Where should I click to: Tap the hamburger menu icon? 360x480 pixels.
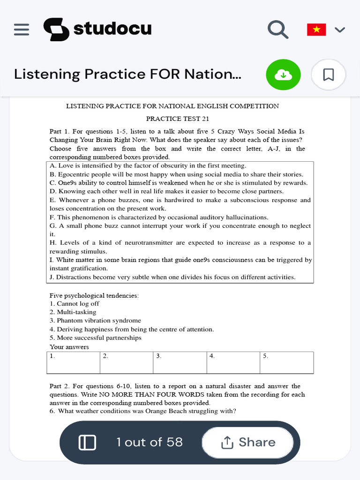tap(22, 30)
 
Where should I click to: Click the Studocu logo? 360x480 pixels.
tap(97, 29)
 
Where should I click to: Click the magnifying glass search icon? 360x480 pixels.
tap(277, 30)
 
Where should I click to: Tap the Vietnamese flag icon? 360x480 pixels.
tap(316, 30)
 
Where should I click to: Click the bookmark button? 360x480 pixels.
tap(329, 75)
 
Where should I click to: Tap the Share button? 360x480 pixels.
tap(248, 442)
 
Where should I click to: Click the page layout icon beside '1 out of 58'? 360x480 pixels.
tap(87, 442)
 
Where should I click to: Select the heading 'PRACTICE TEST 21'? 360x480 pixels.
tap(173, 119)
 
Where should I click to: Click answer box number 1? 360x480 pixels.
tap(74, 362)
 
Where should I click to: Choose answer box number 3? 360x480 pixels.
tap(180, 362)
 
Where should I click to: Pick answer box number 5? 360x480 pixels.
tap(286, 362)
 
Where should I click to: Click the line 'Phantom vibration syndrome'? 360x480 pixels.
tap(99, 321)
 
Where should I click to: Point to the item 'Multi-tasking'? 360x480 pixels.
tap(76, 312)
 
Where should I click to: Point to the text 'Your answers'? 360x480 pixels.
tap(69, 347)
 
